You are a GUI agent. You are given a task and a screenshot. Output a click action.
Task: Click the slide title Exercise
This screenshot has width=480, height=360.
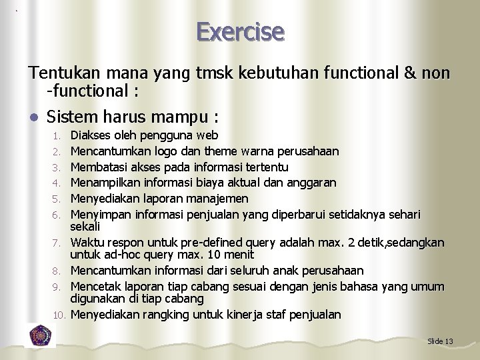[241, 31]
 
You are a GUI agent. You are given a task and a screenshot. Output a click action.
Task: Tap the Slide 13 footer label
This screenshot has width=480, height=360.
[440, 341]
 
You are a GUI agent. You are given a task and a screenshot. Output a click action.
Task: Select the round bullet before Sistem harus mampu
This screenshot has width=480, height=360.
[33, 117]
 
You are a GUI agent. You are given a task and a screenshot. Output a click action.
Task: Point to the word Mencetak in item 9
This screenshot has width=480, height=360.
[97, 285]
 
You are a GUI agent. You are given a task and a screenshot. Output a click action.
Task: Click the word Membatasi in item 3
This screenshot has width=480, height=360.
[99, 167]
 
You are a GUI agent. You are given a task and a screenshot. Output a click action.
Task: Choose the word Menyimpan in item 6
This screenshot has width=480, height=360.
[101, 213]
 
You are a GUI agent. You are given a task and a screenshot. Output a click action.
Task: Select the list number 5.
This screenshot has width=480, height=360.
[60, 198]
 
